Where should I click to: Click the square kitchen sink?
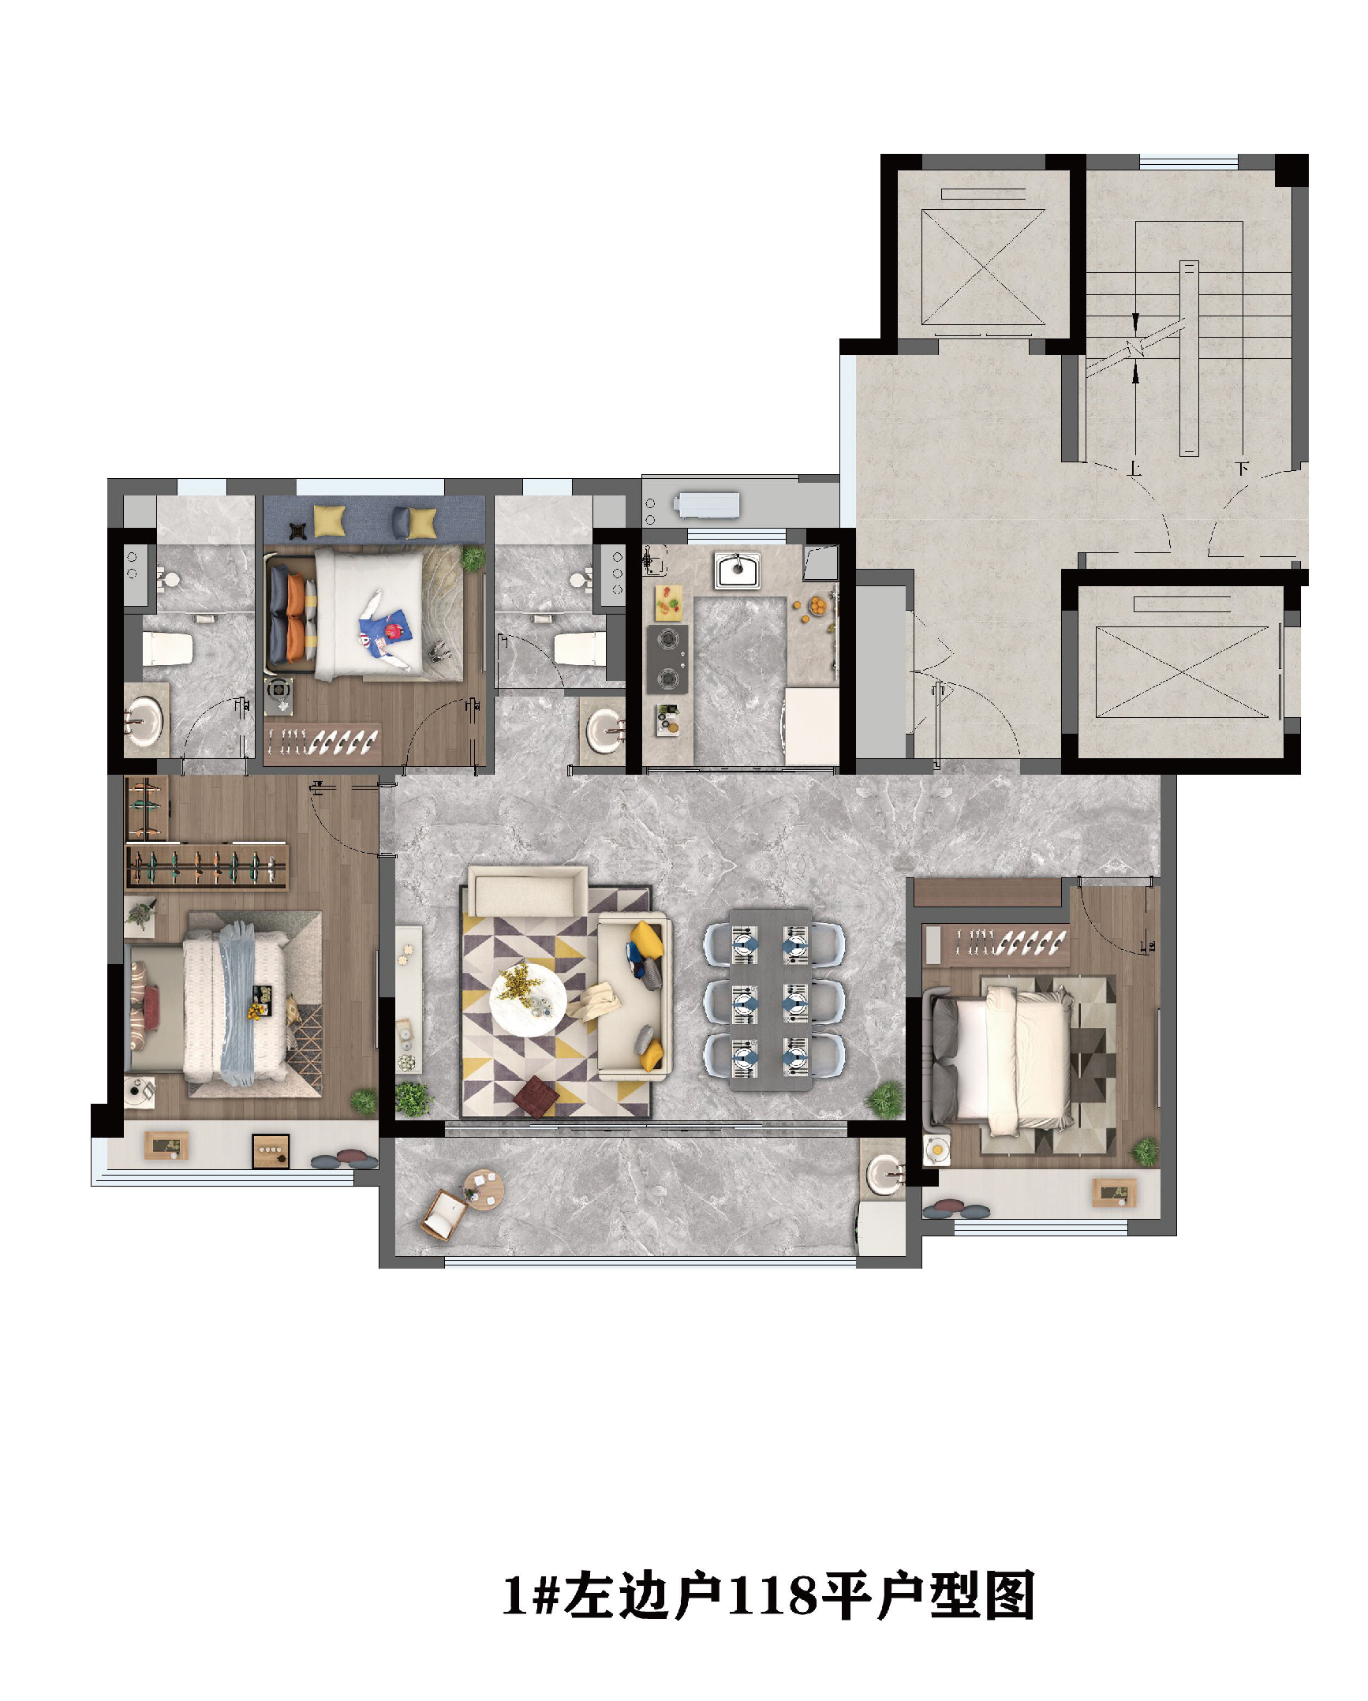[x=737, y=570]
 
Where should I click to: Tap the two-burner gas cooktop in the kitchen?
[x=667, y=659]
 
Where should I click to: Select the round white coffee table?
[x=528, y=1000]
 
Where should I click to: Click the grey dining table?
[x=770, y=999]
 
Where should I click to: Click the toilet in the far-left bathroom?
[x=167, y=648]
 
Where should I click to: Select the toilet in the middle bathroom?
[x=581, y=649]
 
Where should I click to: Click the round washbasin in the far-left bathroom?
[x=145, y=720]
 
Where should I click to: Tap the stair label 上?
[x=1134, y=469]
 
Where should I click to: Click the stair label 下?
[x=1242, y=469]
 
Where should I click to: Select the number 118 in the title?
[x=772, y=1595]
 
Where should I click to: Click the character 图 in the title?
[x=1010, y=1595]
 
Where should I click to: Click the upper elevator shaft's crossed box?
[x=983, y=267]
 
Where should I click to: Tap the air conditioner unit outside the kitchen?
[x=707, y=504]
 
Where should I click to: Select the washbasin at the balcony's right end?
[x=884, y=1173]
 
